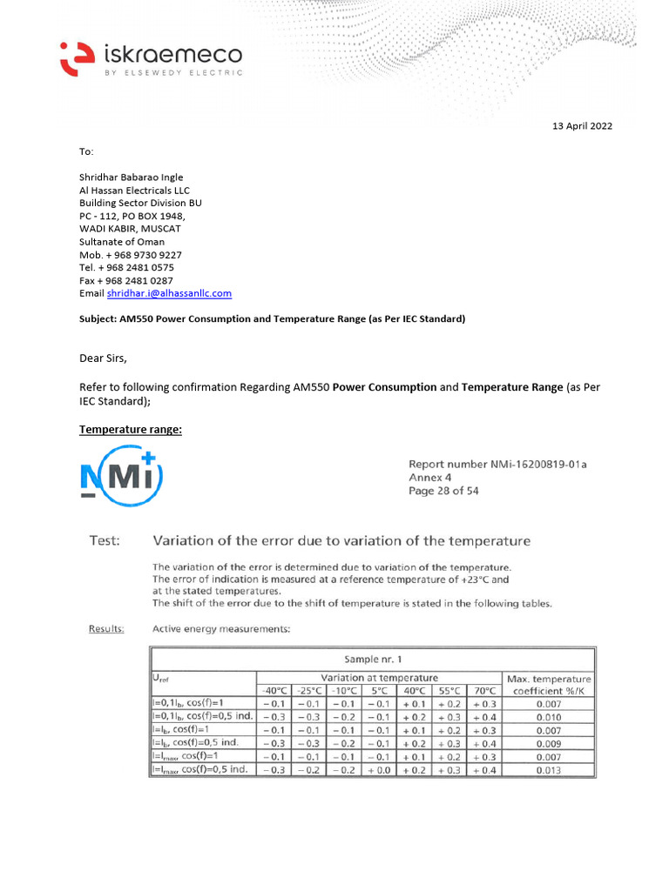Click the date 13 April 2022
[583, 126]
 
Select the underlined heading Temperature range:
[131, 429]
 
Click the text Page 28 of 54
[443, 491]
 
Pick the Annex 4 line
[430, 478]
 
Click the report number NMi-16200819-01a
[497, 464]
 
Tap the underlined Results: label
[106, 627]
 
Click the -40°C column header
[276, 691]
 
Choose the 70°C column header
[484, 691]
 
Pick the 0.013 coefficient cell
[549, 770]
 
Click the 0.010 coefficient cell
[549, 717]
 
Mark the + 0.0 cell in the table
[380, 770]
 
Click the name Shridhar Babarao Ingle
[132, 178]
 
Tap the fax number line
[126, 281]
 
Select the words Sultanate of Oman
[122, 242]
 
